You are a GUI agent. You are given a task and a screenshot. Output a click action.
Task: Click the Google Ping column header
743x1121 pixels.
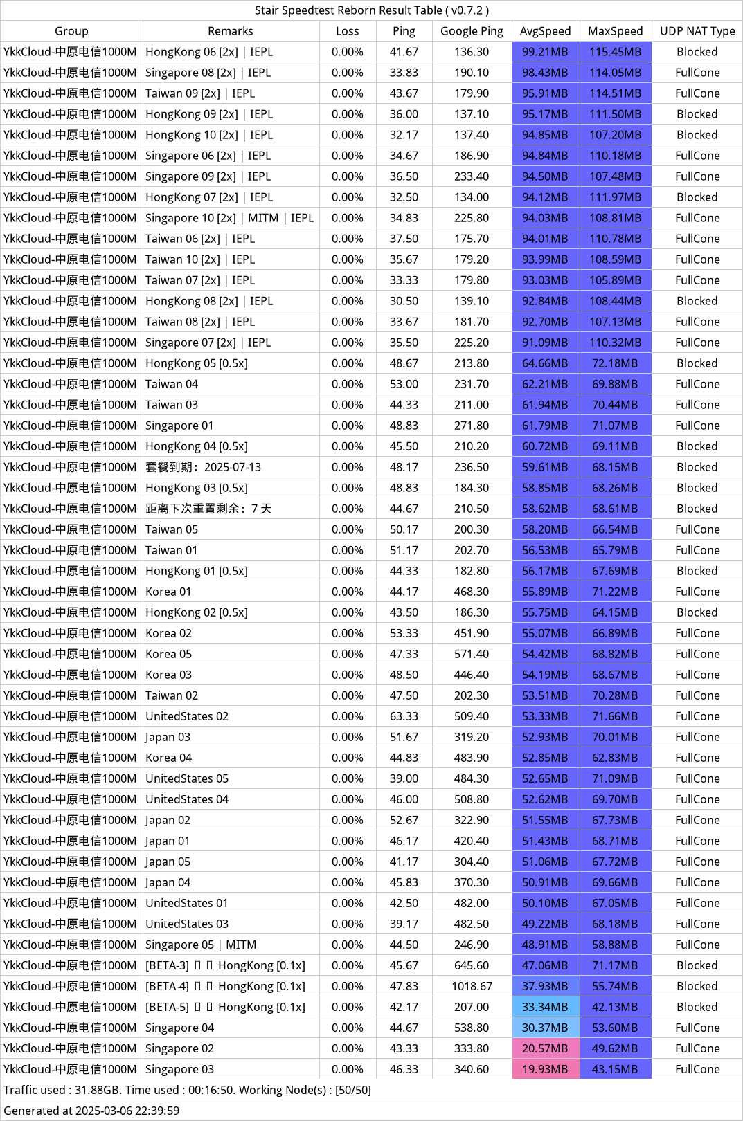tap(472, 31)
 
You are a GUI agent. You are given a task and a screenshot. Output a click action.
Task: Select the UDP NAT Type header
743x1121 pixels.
tap(697, 31)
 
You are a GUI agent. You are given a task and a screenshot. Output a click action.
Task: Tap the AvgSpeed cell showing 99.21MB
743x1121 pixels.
tap(545, 52)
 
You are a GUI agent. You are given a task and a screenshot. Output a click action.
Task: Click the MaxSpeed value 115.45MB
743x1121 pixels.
tap(615, 52)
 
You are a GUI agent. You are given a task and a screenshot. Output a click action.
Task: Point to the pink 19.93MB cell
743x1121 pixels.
tap(545, 1069)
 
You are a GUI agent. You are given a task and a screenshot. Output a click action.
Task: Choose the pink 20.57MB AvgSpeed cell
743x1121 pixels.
tap(545, 1048)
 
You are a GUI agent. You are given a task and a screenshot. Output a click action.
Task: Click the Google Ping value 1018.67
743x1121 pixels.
tap(472, 986)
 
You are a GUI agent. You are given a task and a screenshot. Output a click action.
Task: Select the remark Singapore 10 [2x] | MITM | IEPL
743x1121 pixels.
tap(229, 218)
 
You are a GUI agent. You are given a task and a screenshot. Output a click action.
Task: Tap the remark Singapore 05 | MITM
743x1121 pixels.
tap(201, 945)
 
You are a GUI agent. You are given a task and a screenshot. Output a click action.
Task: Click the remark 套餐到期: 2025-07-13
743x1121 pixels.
tap(204, 467)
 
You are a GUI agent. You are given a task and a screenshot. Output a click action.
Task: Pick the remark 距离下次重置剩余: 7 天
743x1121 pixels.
tap(208, 509)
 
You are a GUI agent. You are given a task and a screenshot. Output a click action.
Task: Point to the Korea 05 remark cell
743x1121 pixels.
tap(169, 654)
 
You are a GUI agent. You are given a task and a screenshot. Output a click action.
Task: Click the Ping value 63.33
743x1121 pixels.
tap(404, 716)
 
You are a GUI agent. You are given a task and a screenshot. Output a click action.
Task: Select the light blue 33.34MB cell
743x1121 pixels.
tap(545, 1007)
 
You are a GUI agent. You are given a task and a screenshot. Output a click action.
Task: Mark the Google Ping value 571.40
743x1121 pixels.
tap(472, 654)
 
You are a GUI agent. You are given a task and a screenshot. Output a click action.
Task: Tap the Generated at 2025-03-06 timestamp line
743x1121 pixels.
tap(91, 1111)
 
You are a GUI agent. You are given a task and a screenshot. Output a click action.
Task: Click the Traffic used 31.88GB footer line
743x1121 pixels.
tap(187, 1090)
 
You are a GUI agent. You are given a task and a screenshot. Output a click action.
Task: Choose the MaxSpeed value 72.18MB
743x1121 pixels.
tap(615, 363)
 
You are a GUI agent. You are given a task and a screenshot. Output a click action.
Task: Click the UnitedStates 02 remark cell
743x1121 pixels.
tap(187, 716)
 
